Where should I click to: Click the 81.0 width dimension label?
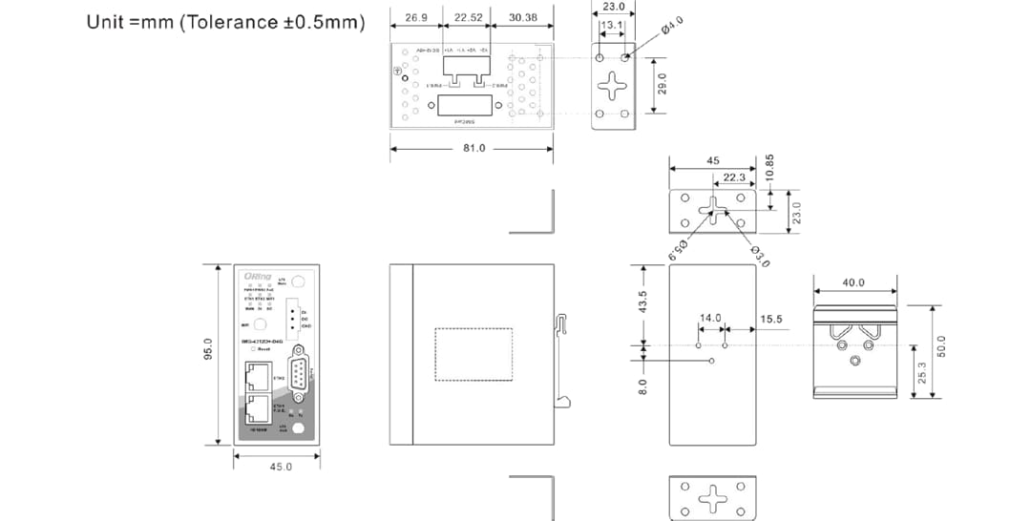click(473, 148)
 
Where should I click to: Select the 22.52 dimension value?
click(469, 17)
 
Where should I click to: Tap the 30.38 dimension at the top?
click(522, 17)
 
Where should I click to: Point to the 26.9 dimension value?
click(416, 17)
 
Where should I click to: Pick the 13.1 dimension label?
click(612, 25)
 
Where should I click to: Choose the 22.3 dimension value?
click(733, 177)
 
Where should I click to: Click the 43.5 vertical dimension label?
click(642, 302)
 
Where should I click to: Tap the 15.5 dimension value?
click(771, 319)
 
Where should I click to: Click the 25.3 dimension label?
click(920, 373)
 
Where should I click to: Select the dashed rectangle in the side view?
click(473, 354)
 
